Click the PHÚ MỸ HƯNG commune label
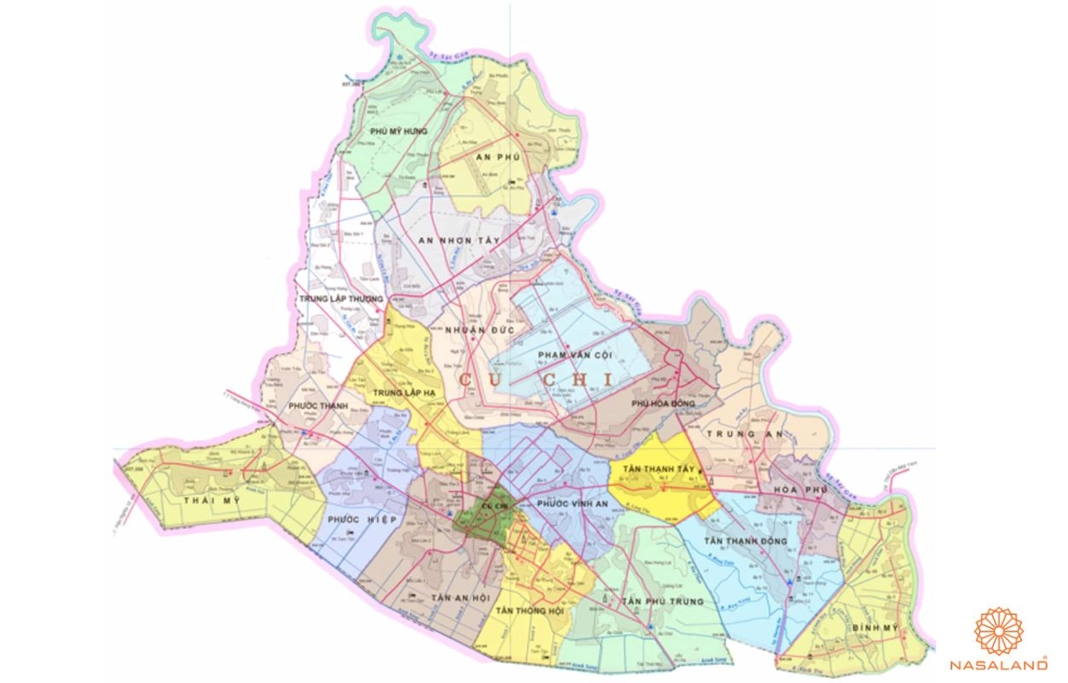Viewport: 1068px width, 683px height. [399, 131]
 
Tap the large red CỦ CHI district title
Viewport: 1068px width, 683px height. [537, 378]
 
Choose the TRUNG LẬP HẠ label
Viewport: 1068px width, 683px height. [399, 393]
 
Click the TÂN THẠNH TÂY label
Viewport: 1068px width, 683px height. [657, 469]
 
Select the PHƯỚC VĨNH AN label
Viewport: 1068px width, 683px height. [572, 505]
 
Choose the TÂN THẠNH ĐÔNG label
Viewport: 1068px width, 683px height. [745, 541]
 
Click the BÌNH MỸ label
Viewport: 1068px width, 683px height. [874, 628]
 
